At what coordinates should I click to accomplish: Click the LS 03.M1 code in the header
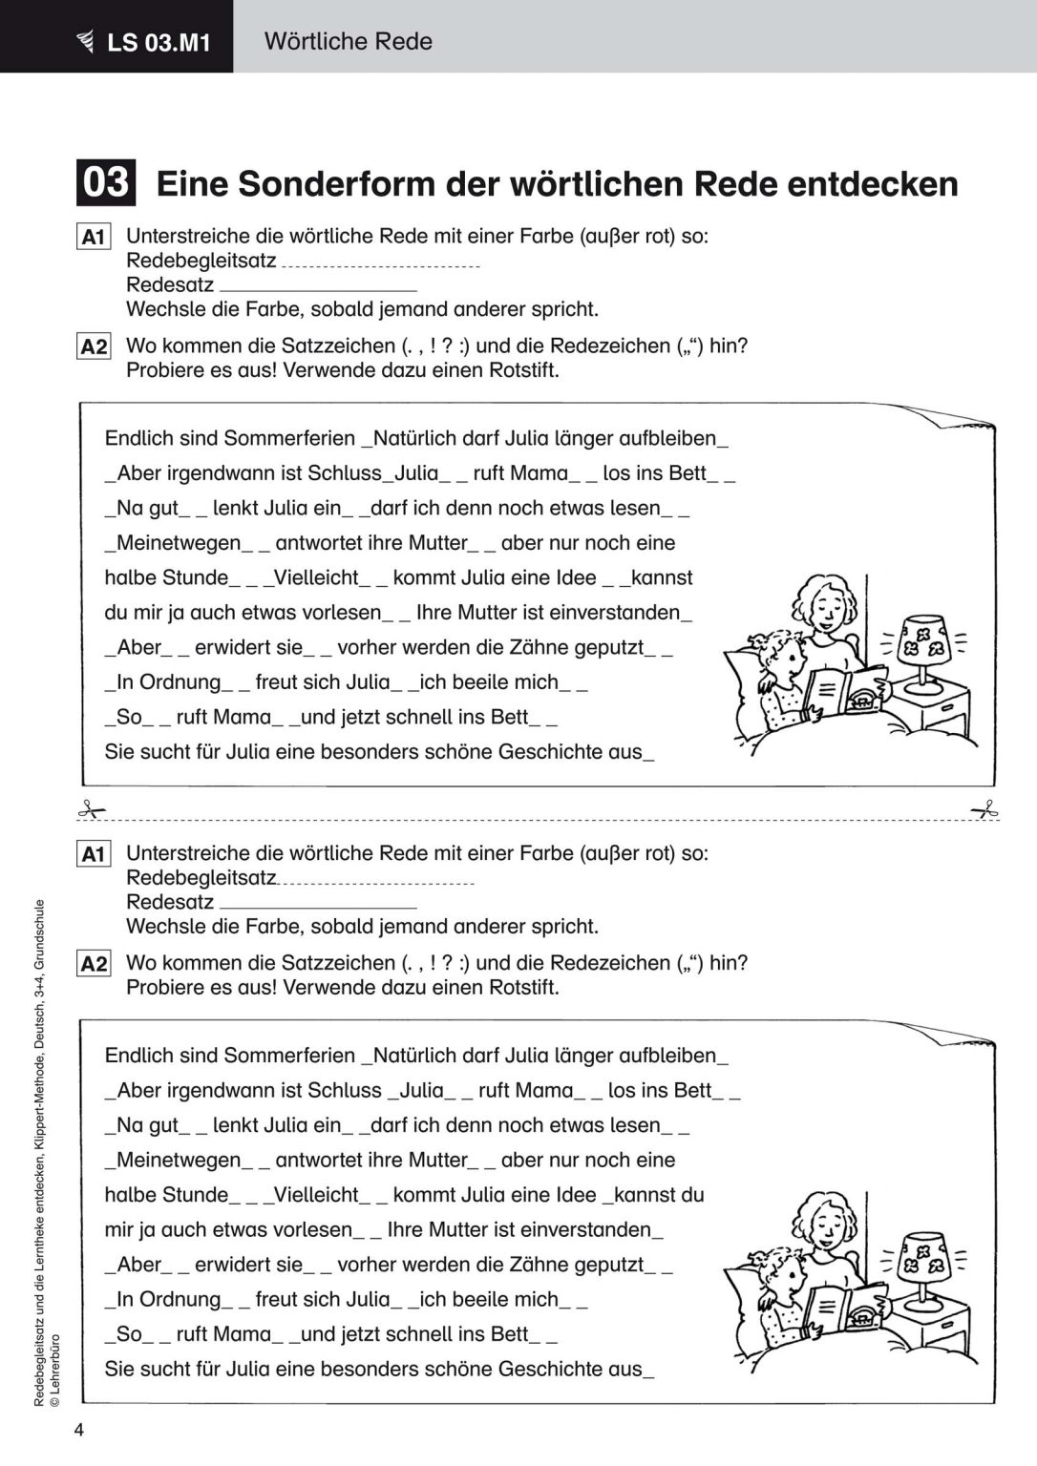tap(159, 42)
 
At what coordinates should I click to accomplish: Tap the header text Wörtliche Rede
tap(348, 41)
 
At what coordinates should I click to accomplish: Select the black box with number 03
tap(105, 181)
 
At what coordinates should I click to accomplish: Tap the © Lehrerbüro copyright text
tap(54, 1369)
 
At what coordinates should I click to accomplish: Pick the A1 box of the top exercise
tap(94, 237)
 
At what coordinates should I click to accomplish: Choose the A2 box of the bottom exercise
tap(94, 963)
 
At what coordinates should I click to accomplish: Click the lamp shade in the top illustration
tap(921, 636)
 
